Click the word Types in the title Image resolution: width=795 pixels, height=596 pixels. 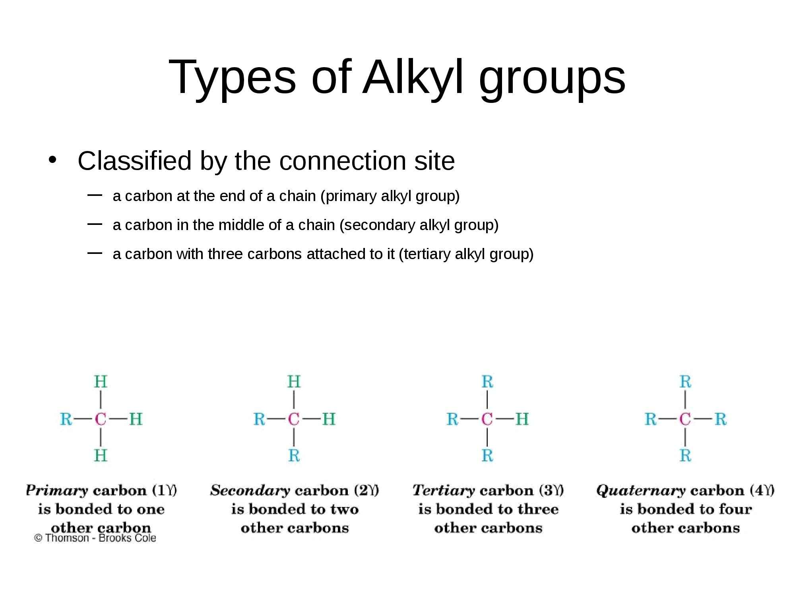(232, 77)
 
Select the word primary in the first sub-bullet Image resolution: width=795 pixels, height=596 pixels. (350, 196)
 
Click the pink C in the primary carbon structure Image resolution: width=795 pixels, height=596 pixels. (101, 419)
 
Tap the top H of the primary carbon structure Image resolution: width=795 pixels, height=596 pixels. (101, 382)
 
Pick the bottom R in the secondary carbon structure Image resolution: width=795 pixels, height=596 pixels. (294, 455)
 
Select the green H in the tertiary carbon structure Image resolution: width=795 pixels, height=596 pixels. (522, 419)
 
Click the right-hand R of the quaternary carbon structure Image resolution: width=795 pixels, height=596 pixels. (720, 419)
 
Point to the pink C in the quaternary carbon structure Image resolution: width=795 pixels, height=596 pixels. (685, 419)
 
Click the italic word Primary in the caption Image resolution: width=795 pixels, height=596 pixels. (56, 491)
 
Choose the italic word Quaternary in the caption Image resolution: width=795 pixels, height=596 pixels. (641, 491)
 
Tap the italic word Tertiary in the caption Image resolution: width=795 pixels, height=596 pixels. (443, 490)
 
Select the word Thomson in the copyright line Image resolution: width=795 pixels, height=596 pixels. (67, 538)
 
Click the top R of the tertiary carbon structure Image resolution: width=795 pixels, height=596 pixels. (487, 382)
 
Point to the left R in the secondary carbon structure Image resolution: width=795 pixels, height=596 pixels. (259, 419)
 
